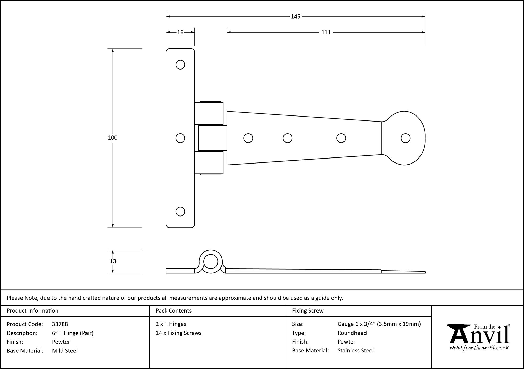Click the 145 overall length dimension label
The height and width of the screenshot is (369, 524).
(296, 17)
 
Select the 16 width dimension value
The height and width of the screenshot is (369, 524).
(180, 32)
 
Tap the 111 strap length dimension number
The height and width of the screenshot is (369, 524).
(326, 32)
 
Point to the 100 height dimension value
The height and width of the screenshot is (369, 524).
(113, 138)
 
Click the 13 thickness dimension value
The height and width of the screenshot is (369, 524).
(113, 261)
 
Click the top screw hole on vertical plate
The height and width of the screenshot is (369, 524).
(180, 65)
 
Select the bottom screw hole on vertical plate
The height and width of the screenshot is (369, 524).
(180, 211)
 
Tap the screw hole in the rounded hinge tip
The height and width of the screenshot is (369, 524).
(405, 138)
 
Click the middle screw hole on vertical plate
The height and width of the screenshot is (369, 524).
(180, 138)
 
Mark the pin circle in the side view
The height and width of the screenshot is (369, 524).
(211, 262)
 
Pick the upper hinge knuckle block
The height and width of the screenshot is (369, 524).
(209, 113)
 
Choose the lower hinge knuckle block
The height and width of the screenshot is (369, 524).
(209, 163)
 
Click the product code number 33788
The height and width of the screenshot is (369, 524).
(60, 324)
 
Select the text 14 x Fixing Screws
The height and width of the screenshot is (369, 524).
(178, 333)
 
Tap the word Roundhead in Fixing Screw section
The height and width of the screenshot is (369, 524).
(352, 333)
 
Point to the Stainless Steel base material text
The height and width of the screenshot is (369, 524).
(355, 350)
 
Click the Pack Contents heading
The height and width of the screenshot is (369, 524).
(173, 310)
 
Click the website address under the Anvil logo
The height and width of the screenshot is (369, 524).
(479, 348)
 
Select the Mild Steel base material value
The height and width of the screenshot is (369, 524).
(65, 351)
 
